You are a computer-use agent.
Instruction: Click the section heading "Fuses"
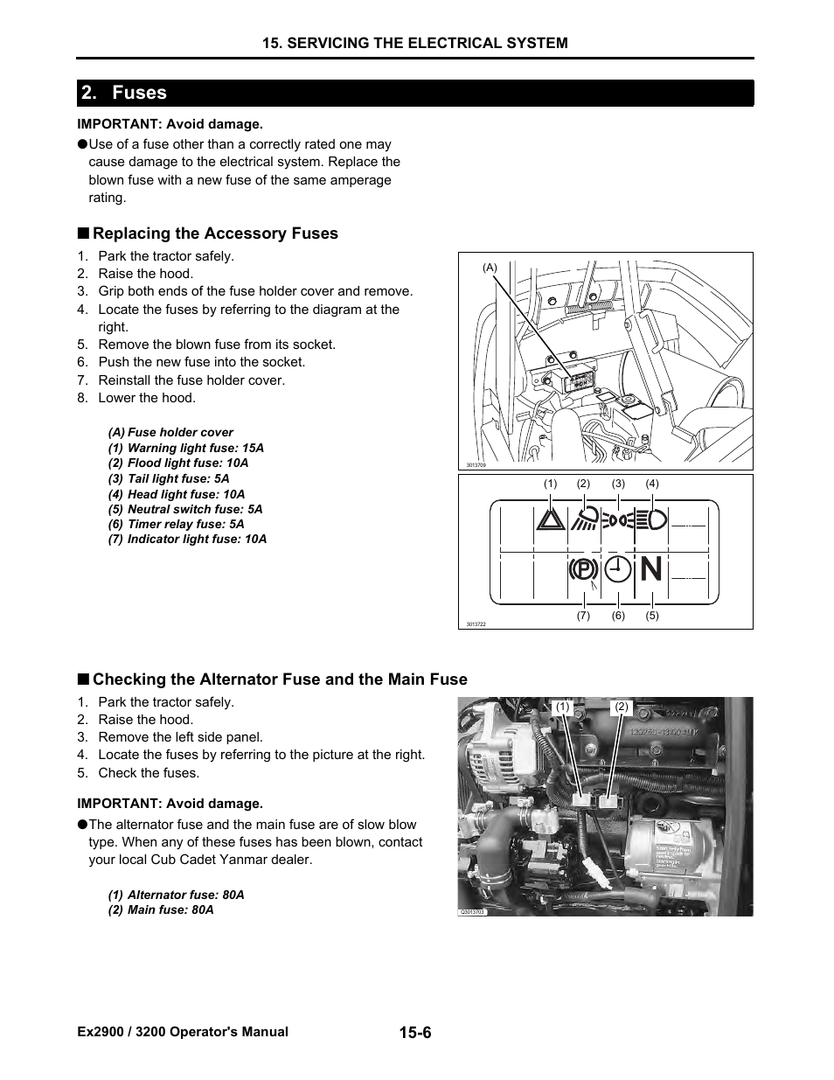tap(139, 93)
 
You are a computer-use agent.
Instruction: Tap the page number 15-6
tap(415, 1033)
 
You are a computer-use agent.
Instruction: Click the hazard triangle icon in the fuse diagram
tap(551, 520)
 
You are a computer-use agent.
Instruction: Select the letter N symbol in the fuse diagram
tap(651, 570)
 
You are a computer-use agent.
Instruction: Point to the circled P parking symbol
tap(582, 570)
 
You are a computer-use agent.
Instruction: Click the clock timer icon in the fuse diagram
tap(618, 569)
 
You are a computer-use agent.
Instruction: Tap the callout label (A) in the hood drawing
tap(490, 268)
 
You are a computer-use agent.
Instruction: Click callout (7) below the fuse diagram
tap(583, 616)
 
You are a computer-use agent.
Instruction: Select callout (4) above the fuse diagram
tap(652, 484)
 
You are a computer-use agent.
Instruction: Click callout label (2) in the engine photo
tap(622, 707)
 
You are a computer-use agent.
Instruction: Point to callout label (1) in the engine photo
tap(562, 707)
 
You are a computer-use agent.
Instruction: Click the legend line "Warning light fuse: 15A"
tap(185, 448)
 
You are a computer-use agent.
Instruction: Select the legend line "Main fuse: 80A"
tap(161, 909)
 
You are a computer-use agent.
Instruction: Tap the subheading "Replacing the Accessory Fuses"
tap(215, 233)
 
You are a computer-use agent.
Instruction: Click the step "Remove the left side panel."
tap(180, 737)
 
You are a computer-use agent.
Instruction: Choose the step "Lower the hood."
tap(146, 398)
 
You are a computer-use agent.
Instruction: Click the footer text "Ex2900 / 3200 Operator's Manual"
tap(183, 1032)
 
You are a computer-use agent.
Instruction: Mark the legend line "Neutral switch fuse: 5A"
tap(184, 509)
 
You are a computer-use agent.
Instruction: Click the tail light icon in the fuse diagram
tap(618, 520)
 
